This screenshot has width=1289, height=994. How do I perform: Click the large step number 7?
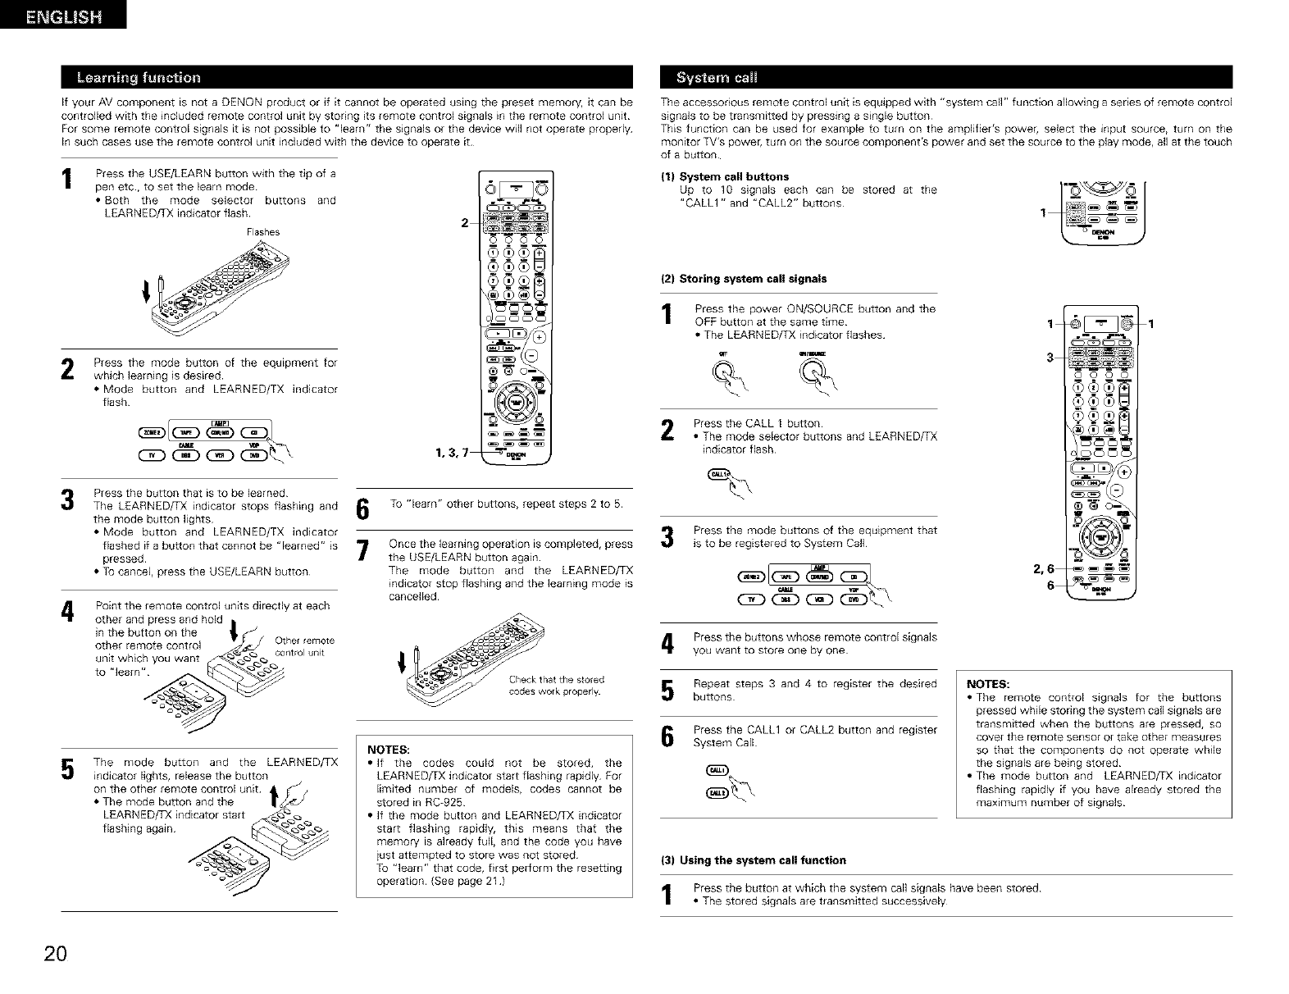coord(362,551)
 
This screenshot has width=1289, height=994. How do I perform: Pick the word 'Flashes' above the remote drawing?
coord(263,232)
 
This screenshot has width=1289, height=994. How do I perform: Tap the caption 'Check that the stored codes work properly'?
coord(556,685)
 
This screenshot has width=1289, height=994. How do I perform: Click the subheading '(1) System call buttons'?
coord(725,176)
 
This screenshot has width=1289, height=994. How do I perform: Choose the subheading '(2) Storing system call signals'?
coord(744,279)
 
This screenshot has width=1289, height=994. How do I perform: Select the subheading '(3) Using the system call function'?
coord(753,860)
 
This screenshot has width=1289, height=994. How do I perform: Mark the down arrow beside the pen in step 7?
coord(402,661)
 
